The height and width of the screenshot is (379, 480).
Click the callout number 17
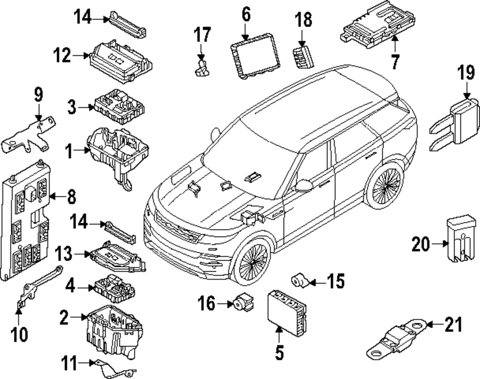[202, 35]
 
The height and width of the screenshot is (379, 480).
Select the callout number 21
[454, 324]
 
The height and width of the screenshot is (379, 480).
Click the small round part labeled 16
[244, 302]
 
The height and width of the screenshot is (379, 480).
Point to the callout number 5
[279, 353]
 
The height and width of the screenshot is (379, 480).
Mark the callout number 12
[62, 56]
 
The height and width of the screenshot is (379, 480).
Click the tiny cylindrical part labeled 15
[299, 280]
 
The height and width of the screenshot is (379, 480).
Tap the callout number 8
[72, 196]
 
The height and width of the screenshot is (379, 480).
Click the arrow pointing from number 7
[395, 44]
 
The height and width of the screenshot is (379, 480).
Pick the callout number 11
[69, 363]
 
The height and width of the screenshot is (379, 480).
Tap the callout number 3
[72, 107]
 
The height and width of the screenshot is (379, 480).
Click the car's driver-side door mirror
[303, 185]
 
